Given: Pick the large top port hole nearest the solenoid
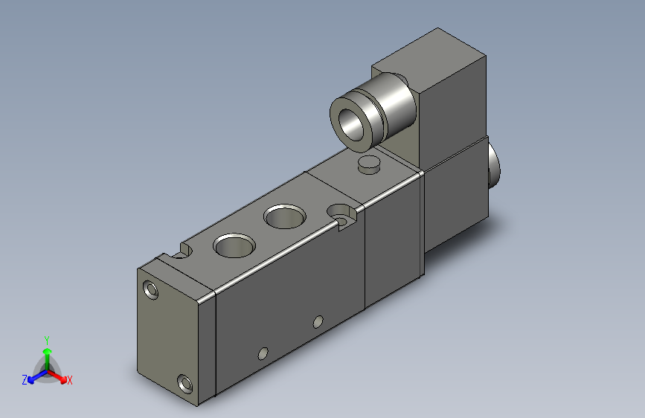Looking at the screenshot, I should click(284, 217).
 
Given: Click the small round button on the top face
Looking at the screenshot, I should click(368, 164).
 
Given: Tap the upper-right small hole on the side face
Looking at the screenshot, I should click(318, 321).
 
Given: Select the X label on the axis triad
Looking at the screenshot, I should click(70, 380).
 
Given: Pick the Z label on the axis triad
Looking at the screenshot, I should click(25, 380).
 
